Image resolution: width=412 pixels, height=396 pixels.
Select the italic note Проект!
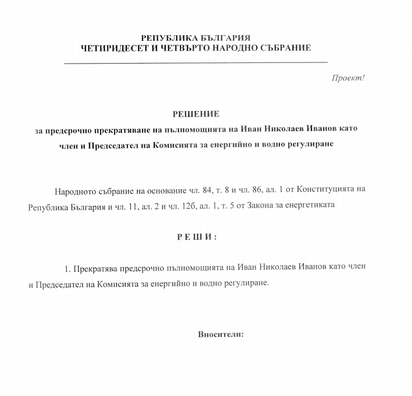pyautogui.click(x=348, y=78)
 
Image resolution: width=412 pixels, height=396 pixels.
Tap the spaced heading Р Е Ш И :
pyautogui.click(x=197, y=237)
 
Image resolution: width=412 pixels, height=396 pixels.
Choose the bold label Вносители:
pyautogui.click(x=221, y=335)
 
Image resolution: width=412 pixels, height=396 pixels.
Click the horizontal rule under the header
pyautogui.click(x=196, y=61)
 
